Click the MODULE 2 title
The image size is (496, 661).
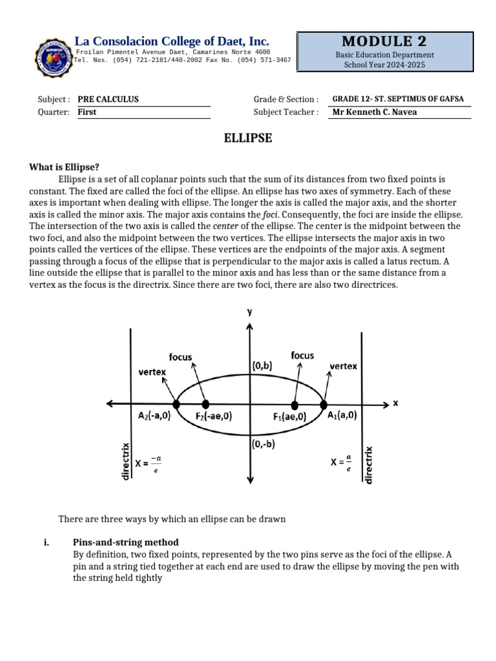(384, 41)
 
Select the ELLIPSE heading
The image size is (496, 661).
(247, 138)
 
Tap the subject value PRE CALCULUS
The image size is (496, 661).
(108, 99)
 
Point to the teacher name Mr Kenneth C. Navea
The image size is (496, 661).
(374, 112)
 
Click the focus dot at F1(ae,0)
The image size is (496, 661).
(295, 405)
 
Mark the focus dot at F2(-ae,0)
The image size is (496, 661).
(205, 404)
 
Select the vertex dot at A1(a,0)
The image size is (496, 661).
(323, 404)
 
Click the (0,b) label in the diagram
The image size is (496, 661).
(262, 365)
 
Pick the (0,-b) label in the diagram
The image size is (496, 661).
(263, 444)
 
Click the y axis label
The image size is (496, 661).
(249, 312)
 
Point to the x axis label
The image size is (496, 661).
(395, 403)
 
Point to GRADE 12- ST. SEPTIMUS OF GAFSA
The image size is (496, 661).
(398, 99)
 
